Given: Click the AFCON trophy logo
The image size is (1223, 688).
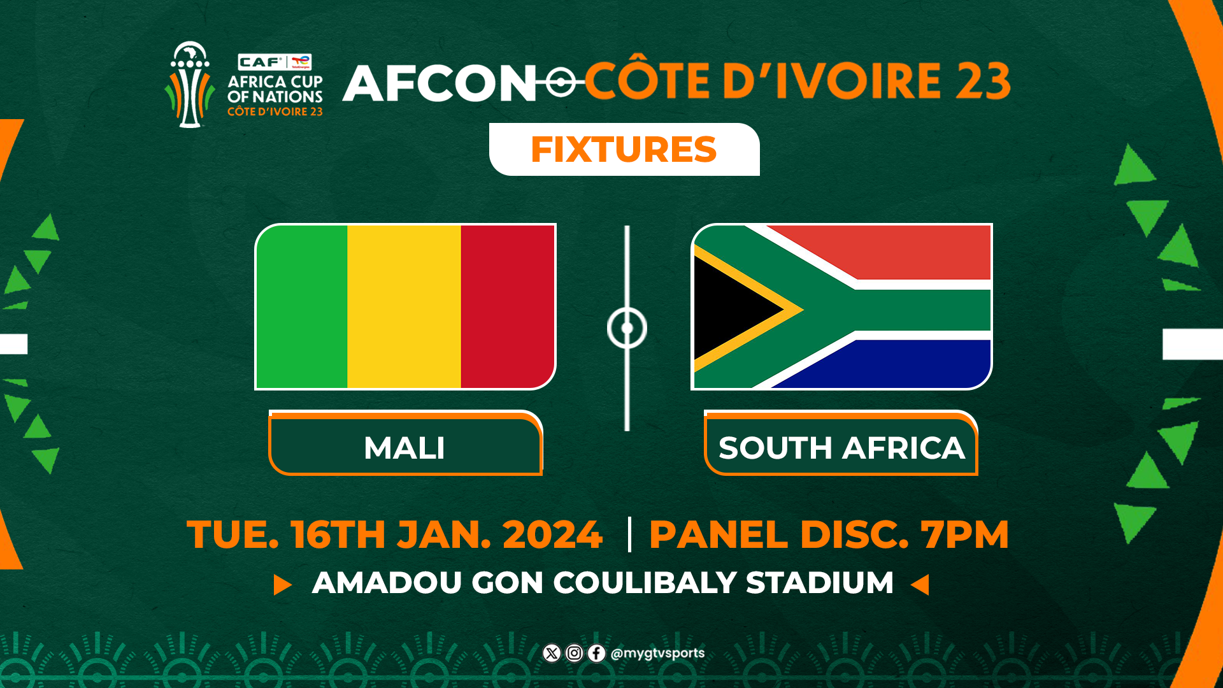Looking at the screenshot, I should [189, 85].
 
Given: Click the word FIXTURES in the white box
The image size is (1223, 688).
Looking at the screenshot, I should [624, 150].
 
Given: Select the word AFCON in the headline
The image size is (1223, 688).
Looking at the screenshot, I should [440, 83].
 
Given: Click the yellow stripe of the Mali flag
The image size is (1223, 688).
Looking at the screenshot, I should [404, 306].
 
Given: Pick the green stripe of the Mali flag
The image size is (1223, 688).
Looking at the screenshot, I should [302, 306].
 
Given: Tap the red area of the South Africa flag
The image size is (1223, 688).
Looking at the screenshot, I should [905, 250].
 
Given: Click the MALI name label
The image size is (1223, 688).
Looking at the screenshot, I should [405, 447].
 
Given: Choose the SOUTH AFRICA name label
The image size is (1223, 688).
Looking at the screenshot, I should [841, 447].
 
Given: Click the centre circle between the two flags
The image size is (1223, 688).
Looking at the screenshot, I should [627, 328].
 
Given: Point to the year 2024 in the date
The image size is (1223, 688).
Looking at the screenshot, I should [552, 534].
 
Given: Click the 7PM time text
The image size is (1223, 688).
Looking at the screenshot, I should [965, 534].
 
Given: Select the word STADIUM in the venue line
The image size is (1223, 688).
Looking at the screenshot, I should [819, 583].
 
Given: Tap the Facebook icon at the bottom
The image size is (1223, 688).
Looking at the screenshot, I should [596, 653].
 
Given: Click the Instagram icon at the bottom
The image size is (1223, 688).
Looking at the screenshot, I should [574, 653].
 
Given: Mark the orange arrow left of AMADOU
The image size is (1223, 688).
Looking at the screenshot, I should [282, 584].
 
